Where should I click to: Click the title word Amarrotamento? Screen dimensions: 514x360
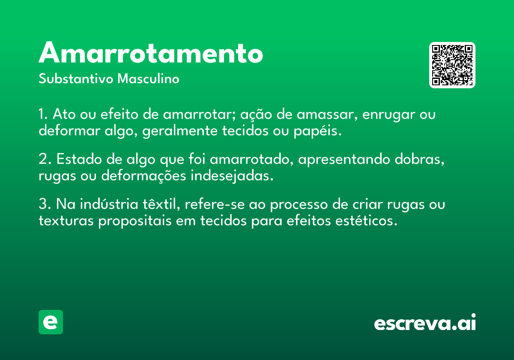point(151,53)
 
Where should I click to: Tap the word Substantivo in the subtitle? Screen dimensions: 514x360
point(76,78)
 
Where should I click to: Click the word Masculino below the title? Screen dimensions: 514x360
point(148,78)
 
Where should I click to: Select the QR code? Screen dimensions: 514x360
point(452,65)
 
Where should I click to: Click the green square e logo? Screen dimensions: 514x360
point(51,322)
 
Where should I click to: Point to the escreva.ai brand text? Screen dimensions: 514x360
point(425,322)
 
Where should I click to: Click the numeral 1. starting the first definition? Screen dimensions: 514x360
point(43,114)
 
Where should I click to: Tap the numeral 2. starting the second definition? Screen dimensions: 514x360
point(45,159)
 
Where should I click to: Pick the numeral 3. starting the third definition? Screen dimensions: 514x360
point(45,204)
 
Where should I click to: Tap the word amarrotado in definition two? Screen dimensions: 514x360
point(251,159)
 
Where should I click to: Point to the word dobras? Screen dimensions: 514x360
point(419,159)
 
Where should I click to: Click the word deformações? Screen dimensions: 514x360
point(143,176)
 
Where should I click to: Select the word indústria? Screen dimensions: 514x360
point(109,204)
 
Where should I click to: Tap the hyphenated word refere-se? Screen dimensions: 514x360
point(215,204)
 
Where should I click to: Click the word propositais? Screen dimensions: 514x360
point(135,221)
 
